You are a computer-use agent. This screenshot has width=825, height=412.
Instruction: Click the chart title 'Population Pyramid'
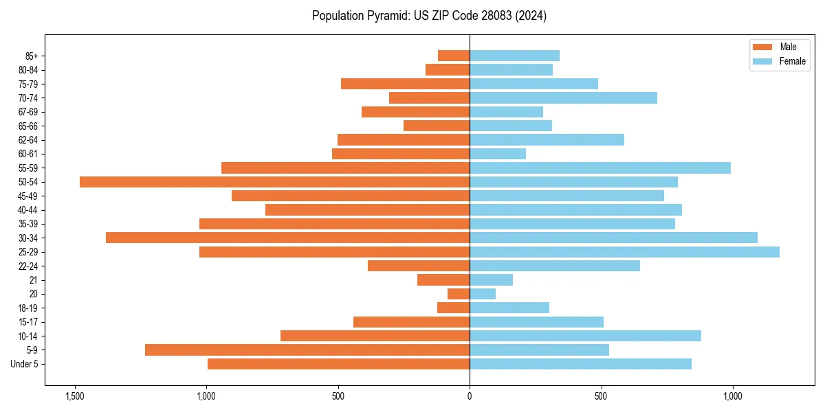[x=429, y=16]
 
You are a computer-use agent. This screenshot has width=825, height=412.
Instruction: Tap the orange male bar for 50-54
[x=274, y=182]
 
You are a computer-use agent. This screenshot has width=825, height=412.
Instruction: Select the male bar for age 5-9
[x=307, y=350]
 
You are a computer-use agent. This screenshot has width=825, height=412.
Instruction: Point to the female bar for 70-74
[x=563, y=98]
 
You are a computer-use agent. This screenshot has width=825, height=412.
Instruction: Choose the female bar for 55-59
[x=600, y=168]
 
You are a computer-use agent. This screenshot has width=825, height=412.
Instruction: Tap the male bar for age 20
[x=459, y=294]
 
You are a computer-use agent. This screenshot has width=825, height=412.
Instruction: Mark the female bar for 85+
[x=514, y=56]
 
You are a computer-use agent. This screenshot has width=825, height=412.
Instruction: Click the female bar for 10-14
[x=585, y=336]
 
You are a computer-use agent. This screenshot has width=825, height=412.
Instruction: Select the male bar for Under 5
[x=338, y=364]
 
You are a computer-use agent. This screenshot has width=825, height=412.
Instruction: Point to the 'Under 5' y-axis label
[x=24, y=364]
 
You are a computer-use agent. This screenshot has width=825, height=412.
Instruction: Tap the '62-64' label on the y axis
[x=27, y=140]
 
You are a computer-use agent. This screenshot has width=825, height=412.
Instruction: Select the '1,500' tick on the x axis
[x=74, y=396]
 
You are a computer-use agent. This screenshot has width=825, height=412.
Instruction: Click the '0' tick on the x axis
[x=470, y=396]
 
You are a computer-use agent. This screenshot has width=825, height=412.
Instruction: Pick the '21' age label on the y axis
[x=34, y=280]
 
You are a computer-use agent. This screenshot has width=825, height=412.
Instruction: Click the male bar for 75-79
[x=405, y=84]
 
